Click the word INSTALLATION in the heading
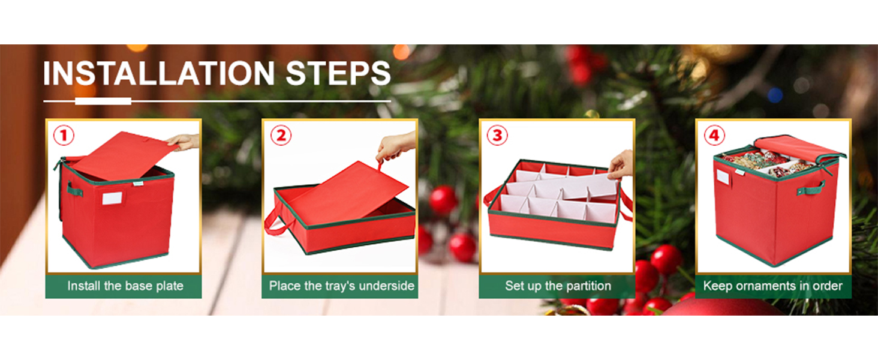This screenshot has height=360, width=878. pos(159,73)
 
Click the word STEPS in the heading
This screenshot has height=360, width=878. pos(338,73)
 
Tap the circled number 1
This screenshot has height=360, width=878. pos(64,135)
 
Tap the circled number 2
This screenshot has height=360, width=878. pos(281,135)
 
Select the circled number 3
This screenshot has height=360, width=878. pos(497,135)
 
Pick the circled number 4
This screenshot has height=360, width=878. pos(714,135)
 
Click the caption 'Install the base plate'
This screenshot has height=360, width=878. pos(125,286)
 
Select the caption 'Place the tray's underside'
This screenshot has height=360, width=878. pos(341,286)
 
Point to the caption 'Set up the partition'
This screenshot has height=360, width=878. pos(558,286)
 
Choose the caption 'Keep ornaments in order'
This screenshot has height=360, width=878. pos(772,286)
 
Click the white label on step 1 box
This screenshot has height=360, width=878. pos(112,198)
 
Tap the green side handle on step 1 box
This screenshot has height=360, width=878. pos(74,189)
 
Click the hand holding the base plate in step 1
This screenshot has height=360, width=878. pos(184,142)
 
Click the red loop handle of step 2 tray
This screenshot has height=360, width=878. pos(279,223)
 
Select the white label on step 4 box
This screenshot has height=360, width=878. pos(723,177)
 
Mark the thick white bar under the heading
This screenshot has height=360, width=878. pos(103,101)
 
